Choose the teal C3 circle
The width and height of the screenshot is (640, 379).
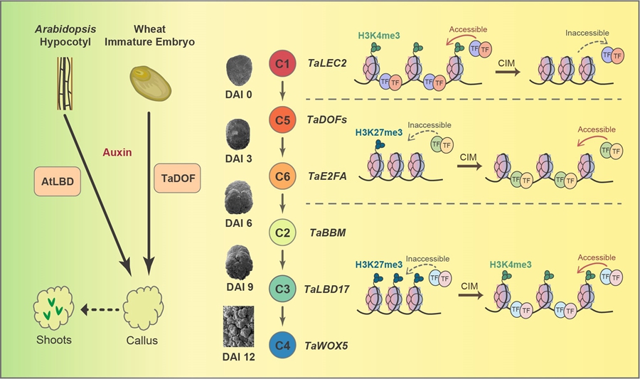[x=283, y=289]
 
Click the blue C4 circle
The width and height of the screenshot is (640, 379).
[x=283, y=346]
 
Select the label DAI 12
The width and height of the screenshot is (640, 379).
[x=239, y=358]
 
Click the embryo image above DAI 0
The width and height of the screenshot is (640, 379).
[x=238, y=70]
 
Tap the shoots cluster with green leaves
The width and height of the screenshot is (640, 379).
[x=55, y=308]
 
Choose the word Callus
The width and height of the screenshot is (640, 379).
[x=142, y=340]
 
